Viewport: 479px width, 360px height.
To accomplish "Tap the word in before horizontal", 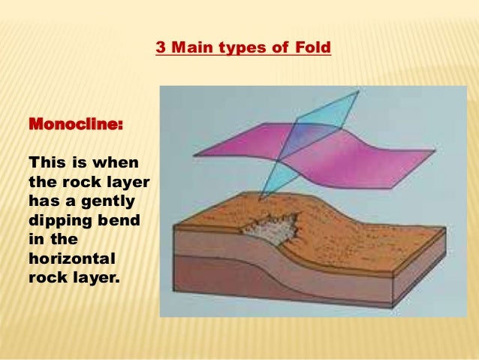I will point(35,239).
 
